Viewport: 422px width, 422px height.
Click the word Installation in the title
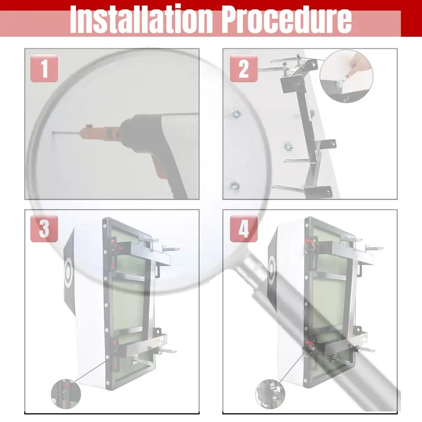click(141, 19)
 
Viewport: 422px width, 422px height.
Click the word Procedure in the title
click(287, 19)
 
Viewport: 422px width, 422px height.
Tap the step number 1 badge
click(44, 68)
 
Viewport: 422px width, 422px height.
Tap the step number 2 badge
click(243, 68)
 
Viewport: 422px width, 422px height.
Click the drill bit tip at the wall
click(54, 133)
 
